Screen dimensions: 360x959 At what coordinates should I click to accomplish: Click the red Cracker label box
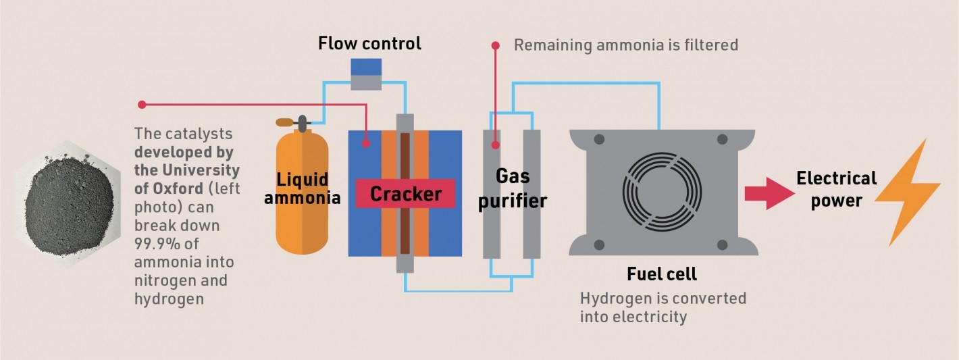[x=405, y=195]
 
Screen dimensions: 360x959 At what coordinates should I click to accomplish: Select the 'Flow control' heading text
[x=369, y=44]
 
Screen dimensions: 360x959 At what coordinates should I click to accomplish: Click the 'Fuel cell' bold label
[x=661, y=274]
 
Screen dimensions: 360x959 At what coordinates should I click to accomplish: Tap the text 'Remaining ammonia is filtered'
[x=626, y=45]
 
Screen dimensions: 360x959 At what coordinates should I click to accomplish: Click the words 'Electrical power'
[x=836, y=190]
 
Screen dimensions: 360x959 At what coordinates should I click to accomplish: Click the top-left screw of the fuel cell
[x=598, y=140]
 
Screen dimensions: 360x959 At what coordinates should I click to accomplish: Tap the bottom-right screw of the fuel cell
[x=722, y=244]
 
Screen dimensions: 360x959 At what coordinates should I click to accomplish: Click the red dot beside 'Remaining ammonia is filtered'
[x=496, y=45]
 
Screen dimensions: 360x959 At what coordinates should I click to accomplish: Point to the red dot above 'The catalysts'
[x=142, y=104]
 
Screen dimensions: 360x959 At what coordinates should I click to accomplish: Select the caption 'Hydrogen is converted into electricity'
[x=663, y=307]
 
